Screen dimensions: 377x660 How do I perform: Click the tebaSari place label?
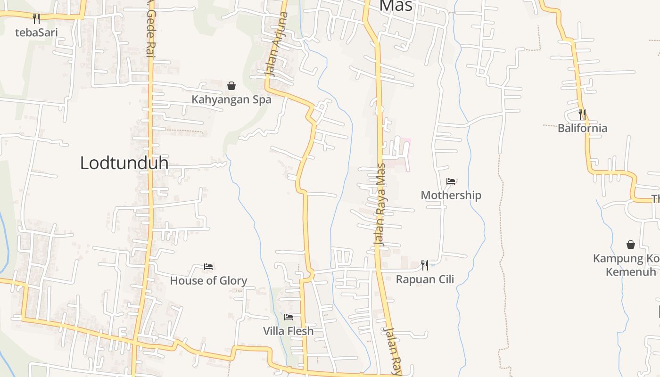pos(36,33)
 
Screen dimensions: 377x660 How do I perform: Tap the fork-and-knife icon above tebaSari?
pos(36,19)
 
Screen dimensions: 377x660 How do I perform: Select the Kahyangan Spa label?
pos(231,99)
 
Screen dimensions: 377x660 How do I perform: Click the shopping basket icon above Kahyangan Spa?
pos(231,86)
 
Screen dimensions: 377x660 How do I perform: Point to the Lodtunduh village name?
pos(124,163)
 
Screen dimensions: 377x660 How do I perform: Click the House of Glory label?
pos(208,281)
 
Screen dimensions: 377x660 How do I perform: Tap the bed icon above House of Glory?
pos(208,267)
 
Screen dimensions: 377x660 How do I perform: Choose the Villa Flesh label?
pos(288,331)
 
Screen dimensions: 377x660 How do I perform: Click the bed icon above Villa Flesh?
pos(289,317)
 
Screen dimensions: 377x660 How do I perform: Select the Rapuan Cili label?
pos(425,279)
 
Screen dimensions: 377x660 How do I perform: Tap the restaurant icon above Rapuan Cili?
pos(425,265)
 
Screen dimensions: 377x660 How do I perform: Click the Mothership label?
pos(451,195)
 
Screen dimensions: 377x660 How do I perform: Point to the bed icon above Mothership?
pos(451,181)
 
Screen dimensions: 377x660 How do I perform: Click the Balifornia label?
pos(582,128)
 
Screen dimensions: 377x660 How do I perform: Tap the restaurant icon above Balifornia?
pos(582,114)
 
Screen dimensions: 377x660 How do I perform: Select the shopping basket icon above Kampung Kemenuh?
pos(631,245)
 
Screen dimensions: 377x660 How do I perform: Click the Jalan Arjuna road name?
pos(276,45)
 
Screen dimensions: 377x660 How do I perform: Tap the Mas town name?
pos(396,6)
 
